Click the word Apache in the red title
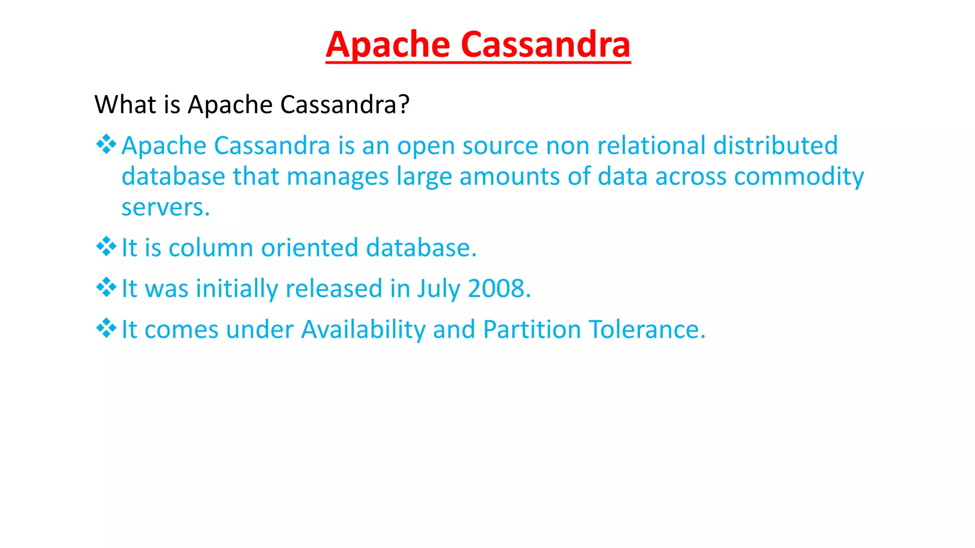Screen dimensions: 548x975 [x=388, y=45]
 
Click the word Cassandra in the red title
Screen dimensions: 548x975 [x=546, y=45]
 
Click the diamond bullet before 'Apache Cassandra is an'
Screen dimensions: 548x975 [x=106, y=144]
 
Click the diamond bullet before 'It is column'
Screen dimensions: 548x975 [x=106, y=246]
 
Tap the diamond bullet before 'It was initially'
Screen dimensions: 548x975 [x=106, y=287]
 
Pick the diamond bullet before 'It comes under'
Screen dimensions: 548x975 [x=106, y=328]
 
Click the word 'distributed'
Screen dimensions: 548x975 [x=775, y=146]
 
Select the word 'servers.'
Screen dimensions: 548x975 [x=165, y=208]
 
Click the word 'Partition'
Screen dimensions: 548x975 [x=532, y=329]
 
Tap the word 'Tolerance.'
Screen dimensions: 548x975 [x=647, y=329]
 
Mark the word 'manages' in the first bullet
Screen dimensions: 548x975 [x=338, y=177]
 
